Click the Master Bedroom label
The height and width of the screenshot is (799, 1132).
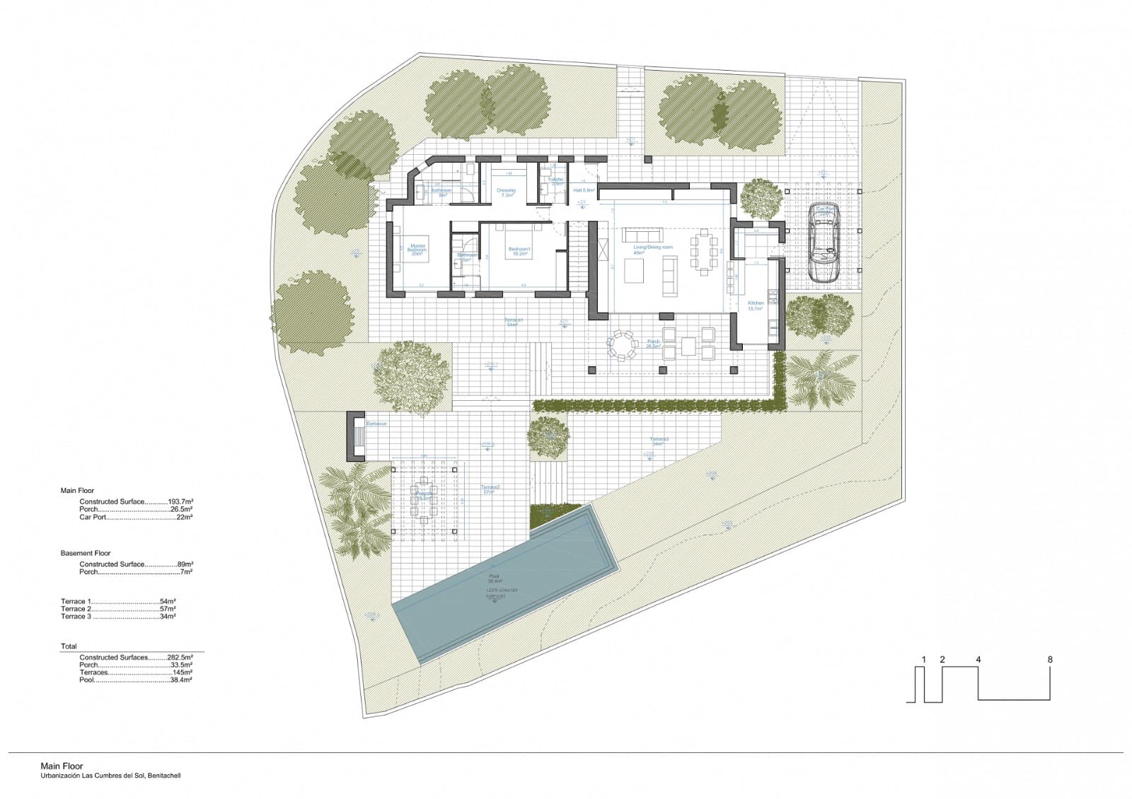tap(417, 249)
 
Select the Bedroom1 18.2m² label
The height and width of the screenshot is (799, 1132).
tap(519, 251)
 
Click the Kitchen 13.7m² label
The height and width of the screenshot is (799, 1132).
tap(756, 305)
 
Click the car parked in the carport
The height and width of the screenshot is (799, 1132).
tap(824, 243)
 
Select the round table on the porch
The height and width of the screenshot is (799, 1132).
tap(622, 346)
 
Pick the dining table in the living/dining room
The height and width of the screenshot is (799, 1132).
tap(704, 251)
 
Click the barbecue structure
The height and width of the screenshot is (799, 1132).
tap(356, 436)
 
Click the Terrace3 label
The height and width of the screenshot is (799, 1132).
tap(659, 441)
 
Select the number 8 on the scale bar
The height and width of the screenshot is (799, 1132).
tap(1050, 660)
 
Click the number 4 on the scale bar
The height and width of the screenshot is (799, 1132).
tap(978, 660)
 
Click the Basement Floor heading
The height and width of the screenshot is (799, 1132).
tap(86, 553)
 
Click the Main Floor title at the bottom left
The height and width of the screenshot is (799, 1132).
tap(62, 766)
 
